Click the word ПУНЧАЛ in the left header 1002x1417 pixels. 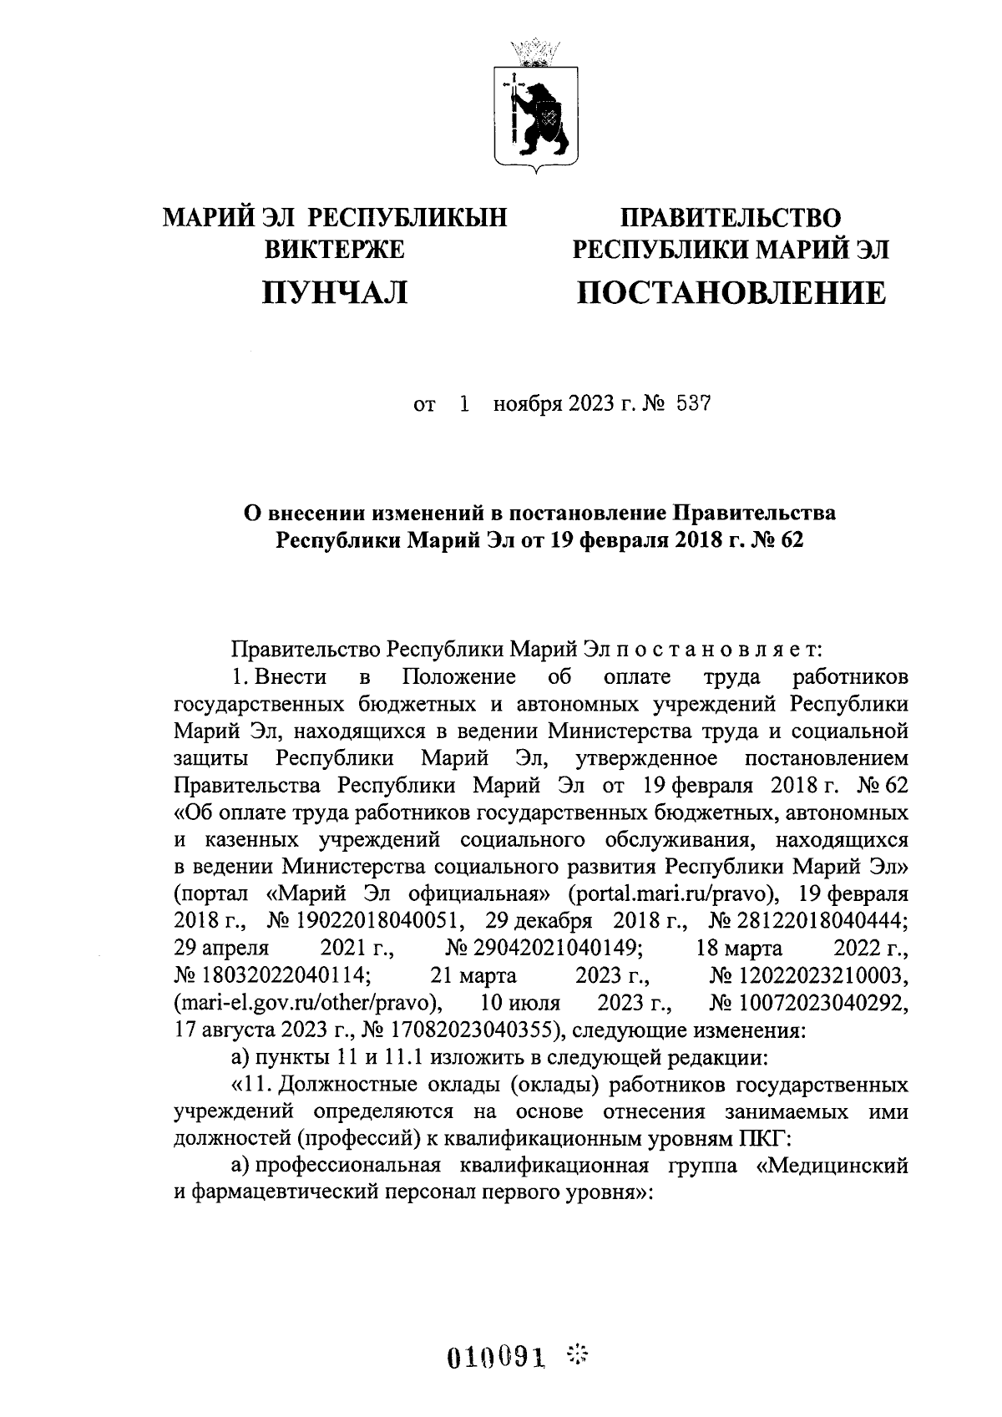(x=334, y=292)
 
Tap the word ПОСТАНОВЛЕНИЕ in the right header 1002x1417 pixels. (x=731, y=292)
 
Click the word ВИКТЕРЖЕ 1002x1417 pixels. (x=334, y=249)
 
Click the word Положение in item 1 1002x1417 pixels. (x=458, y=675)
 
